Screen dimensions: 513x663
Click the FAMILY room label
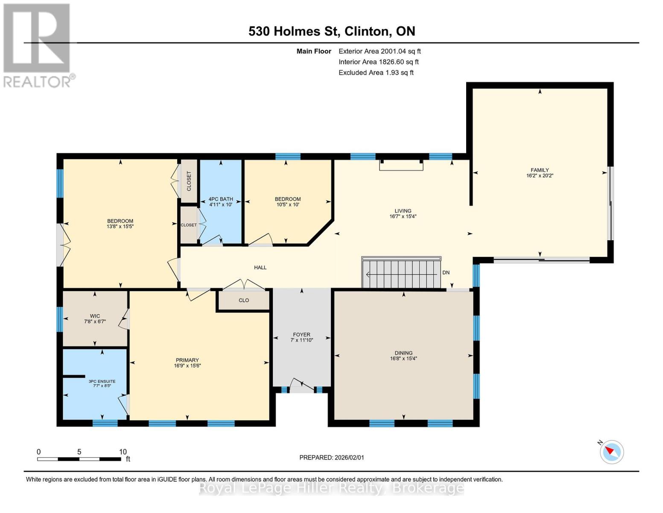click(540, 170)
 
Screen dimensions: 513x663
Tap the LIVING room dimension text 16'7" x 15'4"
click(403, 216)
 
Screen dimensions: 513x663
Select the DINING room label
click(403, 353)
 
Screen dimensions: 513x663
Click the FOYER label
click(301, 335)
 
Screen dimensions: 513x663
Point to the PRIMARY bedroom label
click(187, 360)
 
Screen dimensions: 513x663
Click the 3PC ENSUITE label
click(102, 381)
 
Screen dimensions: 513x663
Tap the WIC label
click(95, 316)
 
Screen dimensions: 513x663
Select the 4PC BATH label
click(221, 199)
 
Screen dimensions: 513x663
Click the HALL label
click(260, 268)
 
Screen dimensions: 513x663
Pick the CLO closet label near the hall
click(244, 300)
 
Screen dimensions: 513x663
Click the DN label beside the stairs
click(446, 273)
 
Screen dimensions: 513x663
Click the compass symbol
click(611, 452)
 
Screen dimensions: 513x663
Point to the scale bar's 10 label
click(123, 452)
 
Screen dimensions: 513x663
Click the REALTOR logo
click(38, 45)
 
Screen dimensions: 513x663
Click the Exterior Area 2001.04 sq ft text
click(380, 51)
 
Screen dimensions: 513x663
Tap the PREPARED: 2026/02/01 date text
click(332, 457)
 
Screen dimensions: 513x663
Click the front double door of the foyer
click(301, 385)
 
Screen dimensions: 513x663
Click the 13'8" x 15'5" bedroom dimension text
click(120, 227)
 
